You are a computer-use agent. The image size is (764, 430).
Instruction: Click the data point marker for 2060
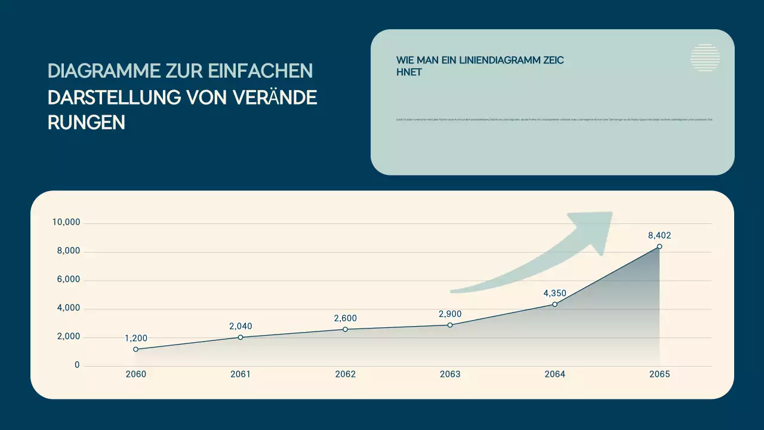click(136, 349)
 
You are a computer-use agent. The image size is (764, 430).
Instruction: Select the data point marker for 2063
click(450, 325)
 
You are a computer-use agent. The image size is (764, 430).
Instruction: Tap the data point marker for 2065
click(660, 247)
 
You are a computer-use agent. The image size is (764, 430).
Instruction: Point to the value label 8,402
click(660, 235)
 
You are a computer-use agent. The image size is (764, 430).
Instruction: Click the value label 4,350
click(554, 293)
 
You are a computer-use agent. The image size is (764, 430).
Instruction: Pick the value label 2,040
click(241, 326)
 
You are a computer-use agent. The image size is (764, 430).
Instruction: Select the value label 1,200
click(136, 338)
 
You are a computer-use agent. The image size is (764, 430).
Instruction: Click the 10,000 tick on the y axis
click(66, 223)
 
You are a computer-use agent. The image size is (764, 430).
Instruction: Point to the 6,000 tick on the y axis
click(69, 280)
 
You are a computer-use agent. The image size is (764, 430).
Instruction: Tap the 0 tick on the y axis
click(77, 365)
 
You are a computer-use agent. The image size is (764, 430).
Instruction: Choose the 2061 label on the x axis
click(241, 374)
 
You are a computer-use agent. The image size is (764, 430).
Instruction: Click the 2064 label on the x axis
click(554, 374)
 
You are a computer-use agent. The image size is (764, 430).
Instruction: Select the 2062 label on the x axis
click(345, 374)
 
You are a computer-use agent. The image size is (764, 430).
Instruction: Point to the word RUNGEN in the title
click(87, 122)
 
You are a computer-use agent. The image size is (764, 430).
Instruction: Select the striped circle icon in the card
click(705, 58)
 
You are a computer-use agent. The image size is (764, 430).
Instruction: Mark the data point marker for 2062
click(345, 329)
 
